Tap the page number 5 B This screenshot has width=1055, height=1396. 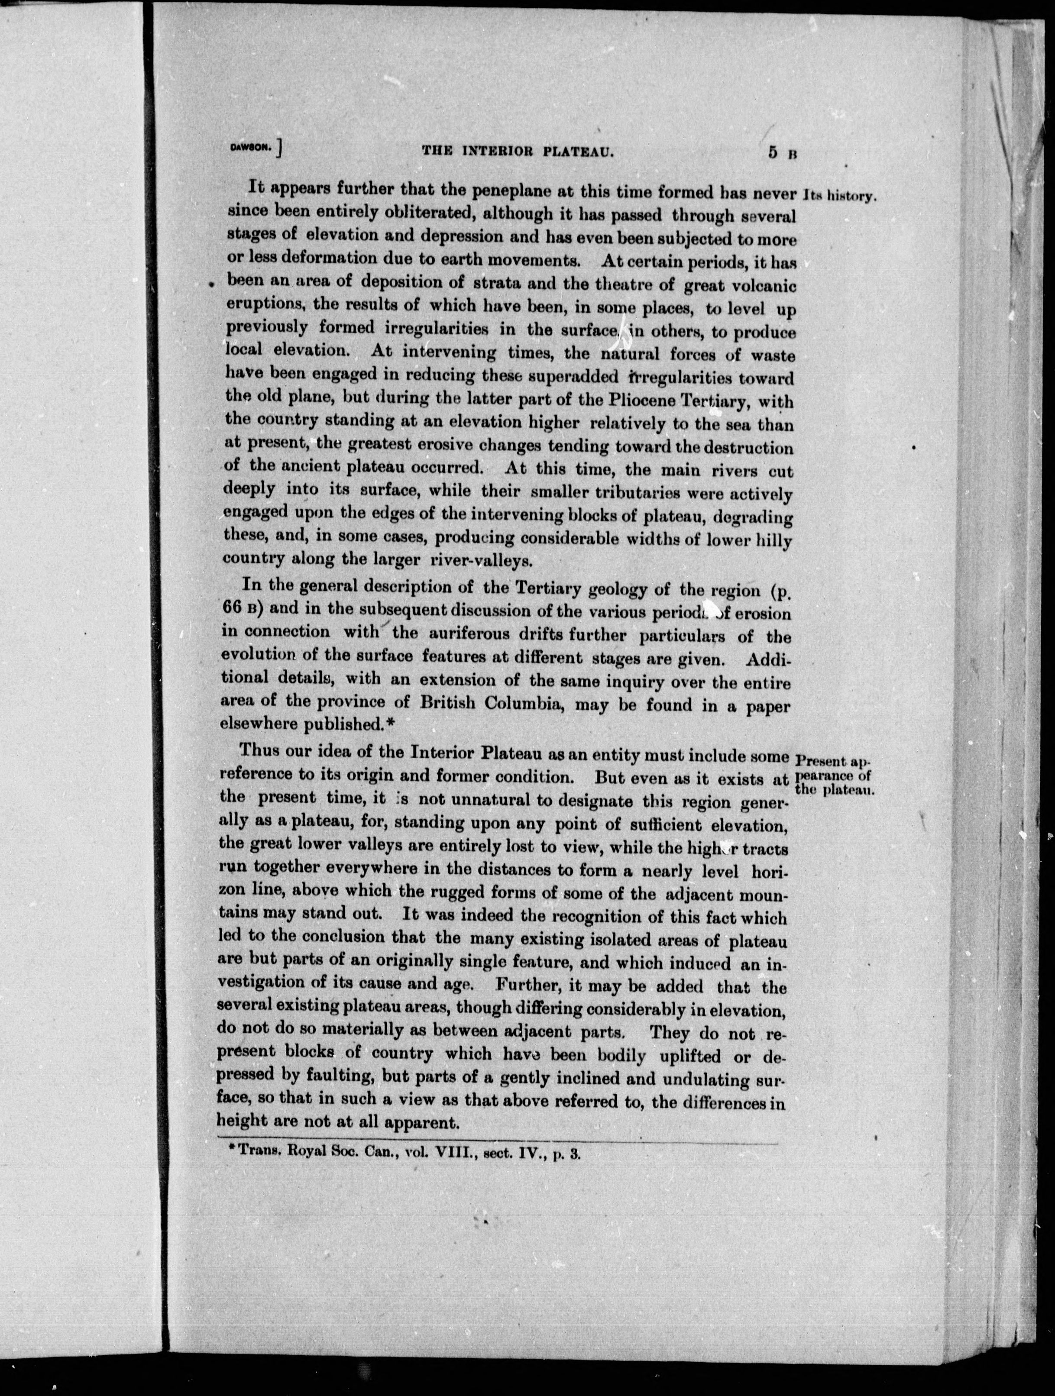click(782, 152)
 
